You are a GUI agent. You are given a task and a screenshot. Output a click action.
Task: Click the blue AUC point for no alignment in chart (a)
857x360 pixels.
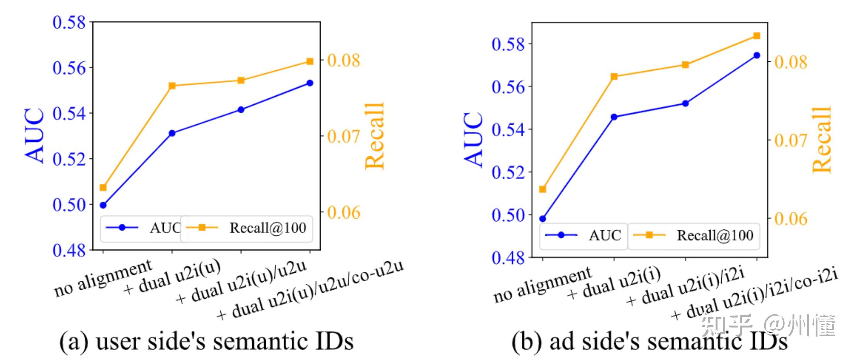click(x=103, y=205)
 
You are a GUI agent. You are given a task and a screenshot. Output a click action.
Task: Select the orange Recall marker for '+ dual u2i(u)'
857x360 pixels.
click(x=172, y=86)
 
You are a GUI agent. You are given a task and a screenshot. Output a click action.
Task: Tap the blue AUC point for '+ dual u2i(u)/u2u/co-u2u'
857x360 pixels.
click(x=310, y=83)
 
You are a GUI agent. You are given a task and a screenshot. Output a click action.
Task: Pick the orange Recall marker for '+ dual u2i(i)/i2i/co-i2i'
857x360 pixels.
click(x=757, y=36)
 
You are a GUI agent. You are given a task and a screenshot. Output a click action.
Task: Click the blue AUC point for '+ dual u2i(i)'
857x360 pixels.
click(x=614, y=117)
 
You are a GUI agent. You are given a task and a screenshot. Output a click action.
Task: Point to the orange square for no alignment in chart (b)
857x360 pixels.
click(x=542, y=189)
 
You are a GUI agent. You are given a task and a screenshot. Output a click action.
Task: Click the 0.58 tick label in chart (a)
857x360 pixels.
click(x=69, y=22)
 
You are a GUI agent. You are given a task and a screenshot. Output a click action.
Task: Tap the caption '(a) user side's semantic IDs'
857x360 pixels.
click(x=206, y=341)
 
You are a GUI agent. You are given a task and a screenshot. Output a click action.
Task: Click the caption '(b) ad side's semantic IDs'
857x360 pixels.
click(x=649, y=341)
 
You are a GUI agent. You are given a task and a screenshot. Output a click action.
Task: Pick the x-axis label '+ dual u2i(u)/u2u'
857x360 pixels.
click(x=241, y=282)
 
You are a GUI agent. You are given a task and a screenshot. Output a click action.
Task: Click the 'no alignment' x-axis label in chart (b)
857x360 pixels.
click(x=542, y=285)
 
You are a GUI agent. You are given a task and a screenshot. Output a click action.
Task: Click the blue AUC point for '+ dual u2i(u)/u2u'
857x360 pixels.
click(x=241, y=110)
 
